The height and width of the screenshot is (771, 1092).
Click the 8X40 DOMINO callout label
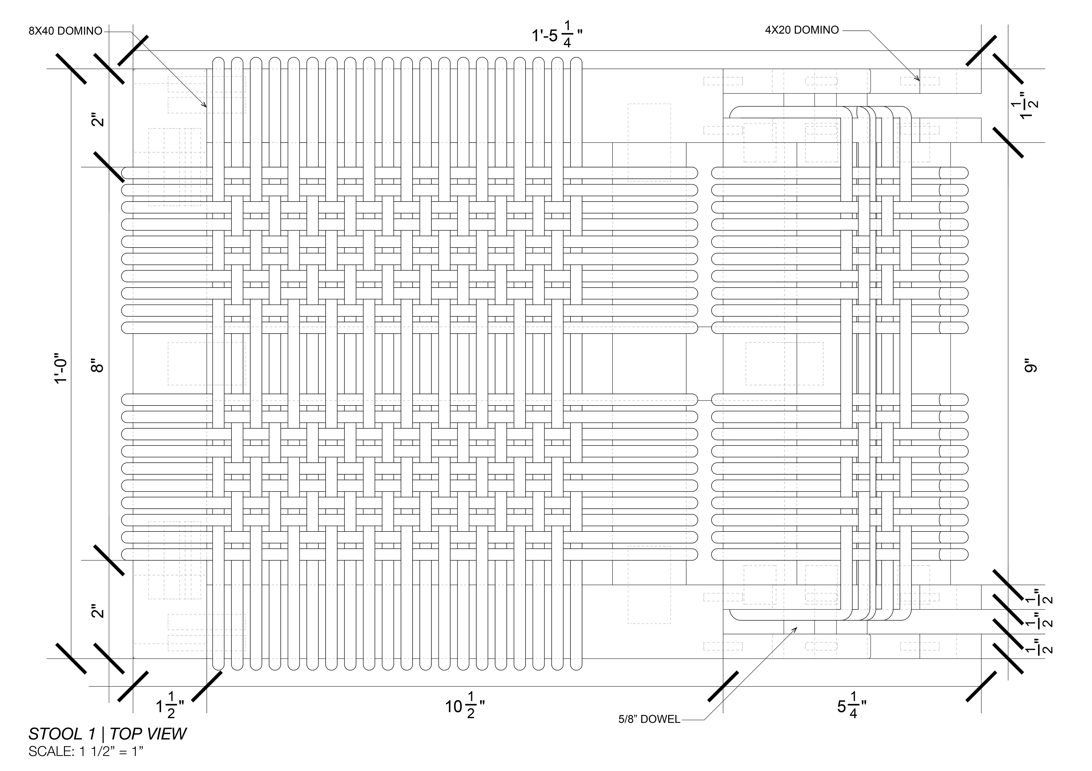[x=65, y=31]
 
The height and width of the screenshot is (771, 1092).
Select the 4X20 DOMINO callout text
[x=802, y=30]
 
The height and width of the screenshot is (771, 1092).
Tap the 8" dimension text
[x=97, y=367]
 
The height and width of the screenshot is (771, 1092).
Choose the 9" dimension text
[x=1031, y=367]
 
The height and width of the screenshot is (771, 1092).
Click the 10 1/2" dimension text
[x=465, y=706]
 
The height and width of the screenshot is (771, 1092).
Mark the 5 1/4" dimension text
[x=852, y=706]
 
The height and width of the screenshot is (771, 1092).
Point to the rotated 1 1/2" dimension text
[x=1029, y=105]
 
